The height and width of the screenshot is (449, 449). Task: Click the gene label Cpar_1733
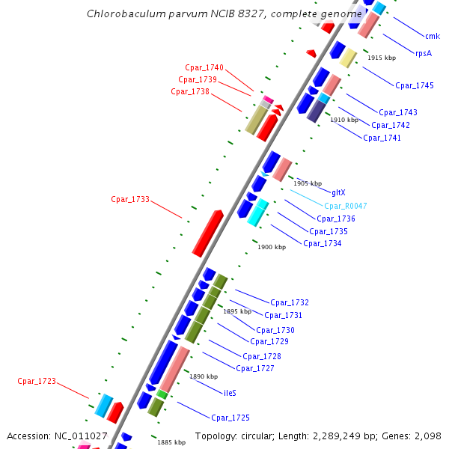click(130, 199)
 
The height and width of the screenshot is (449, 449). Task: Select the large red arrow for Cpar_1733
click(207, 233)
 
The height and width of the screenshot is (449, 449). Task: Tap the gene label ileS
click(230, 392)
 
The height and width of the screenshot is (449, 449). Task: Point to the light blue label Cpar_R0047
click(345, 206)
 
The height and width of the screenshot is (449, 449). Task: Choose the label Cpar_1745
click(414, 85)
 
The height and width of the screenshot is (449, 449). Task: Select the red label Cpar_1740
click(204, 68)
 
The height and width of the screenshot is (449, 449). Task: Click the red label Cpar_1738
click(190, 91)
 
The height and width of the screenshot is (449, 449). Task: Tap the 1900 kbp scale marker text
click(272, 247)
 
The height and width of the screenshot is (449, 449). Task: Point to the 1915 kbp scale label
click(382, 58)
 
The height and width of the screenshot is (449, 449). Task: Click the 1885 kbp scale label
click(171, 442)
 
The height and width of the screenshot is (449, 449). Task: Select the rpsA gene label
click(424, 53)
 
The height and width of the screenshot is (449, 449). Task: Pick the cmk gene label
click(433, 36)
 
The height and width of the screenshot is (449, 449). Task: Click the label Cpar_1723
click(37, 381)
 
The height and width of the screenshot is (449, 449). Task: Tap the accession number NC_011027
click(80, 436)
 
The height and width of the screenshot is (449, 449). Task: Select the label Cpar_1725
click(230, 418)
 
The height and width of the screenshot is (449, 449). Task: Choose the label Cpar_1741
click(382, 138)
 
